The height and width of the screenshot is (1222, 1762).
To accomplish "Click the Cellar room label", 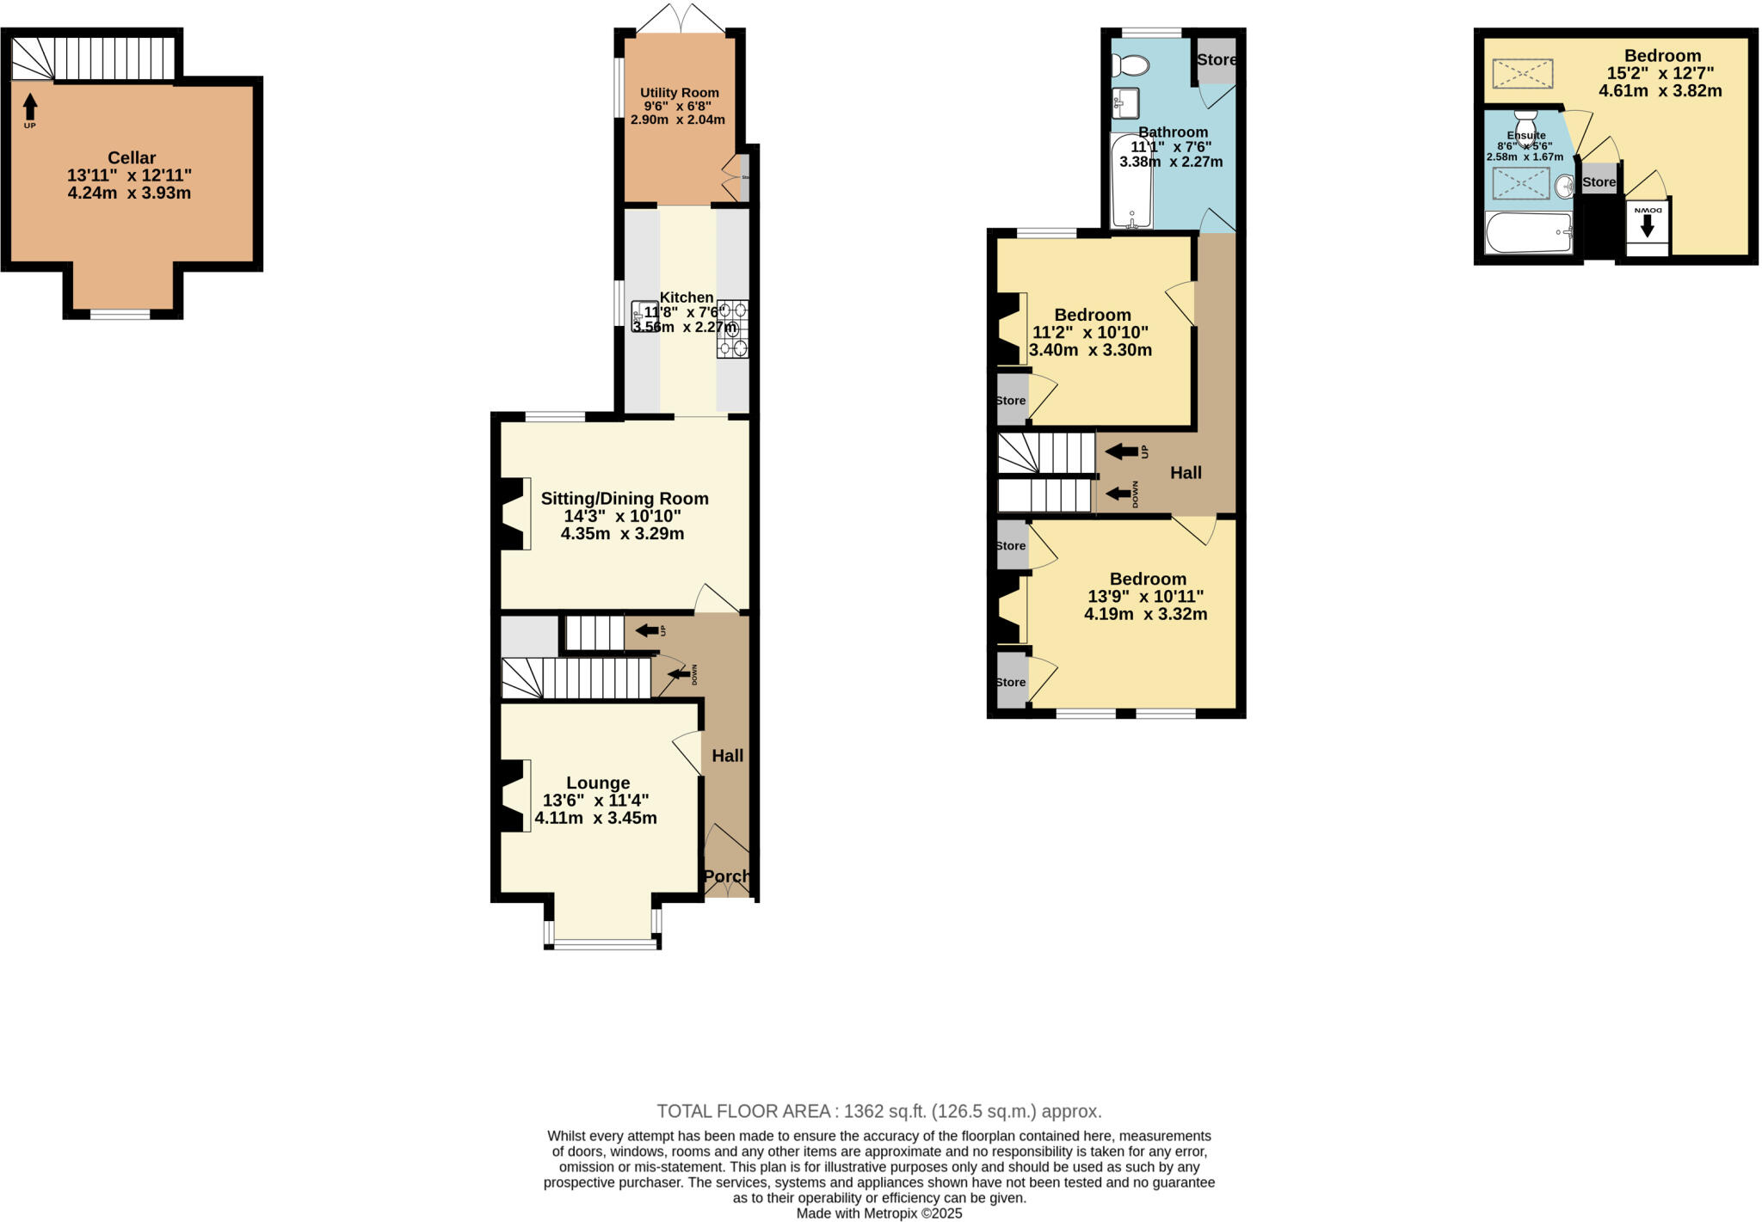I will [x=131, y=158].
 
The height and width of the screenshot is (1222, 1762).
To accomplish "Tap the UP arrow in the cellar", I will [x=30, y=107].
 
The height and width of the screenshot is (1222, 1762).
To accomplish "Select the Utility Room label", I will [x=679, y=93].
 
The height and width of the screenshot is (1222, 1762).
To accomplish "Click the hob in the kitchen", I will [x=732, y=329].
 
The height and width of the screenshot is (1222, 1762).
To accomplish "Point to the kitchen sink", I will [x=644, y=316].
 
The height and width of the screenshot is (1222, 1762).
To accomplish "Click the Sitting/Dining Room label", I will [x=624, y=499].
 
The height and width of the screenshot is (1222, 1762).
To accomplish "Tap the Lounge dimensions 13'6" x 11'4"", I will [x=595, y=801].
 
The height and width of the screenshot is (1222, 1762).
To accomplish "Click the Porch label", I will [x=727, y=876].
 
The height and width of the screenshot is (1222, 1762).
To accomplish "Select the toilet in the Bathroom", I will [x=1130, y=65].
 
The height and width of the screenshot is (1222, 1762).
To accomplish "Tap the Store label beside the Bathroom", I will [x=1217, y=60].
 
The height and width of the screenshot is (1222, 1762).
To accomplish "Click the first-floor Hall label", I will [x=1186, y=473].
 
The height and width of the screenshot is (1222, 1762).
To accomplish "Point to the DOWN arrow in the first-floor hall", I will [x=1118, y=494].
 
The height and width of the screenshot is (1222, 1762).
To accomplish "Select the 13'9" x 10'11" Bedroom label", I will [x=1147, y=580].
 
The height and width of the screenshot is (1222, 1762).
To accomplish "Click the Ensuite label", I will [x=1525, y=136].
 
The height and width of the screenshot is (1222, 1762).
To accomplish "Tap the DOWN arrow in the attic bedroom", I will [x=1647, y=226].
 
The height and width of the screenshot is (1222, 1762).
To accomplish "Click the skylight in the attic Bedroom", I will [x=1522, y=74].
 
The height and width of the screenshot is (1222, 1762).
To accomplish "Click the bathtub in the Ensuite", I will [x=1529, y=233].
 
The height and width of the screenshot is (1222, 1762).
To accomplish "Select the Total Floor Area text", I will [x=878, y=1111].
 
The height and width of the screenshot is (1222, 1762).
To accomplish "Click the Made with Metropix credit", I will [x=878, y=1213].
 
